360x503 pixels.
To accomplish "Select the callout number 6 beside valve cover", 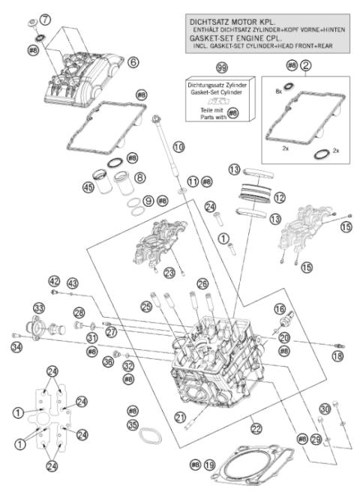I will (132, 62).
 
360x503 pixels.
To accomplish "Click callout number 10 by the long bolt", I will (178, 148).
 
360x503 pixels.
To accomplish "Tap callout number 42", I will (53, 281).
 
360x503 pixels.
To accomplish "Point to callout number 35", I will (133, 424).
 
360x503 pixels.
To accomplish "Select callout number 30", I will (324, 409).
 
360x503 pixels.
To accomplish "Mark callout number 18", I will (338, 356).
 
